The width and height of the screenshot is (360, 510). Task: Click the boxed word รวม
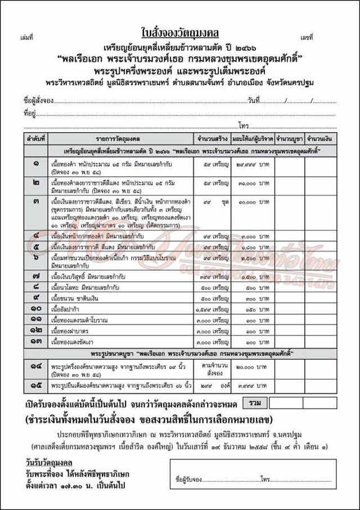click(254, 404)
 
